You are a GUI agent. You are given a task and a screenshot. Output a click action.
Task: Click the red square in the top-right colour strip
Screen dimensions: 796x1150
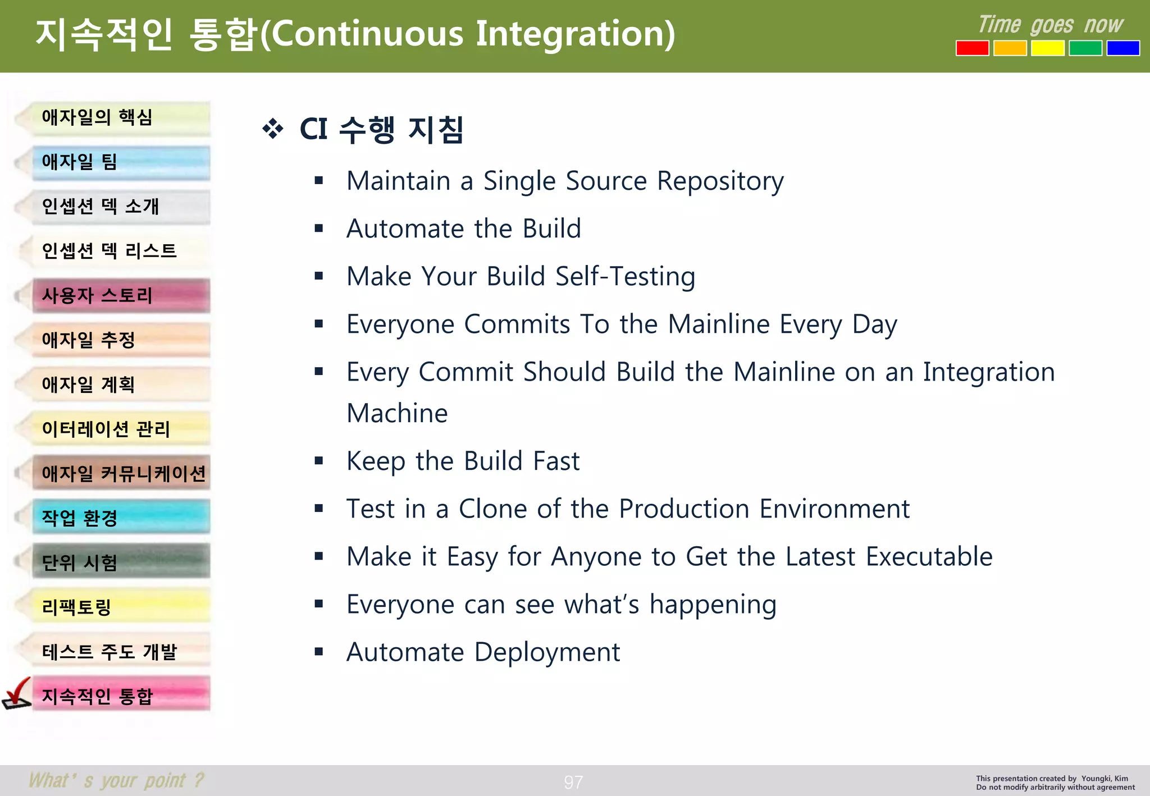972,48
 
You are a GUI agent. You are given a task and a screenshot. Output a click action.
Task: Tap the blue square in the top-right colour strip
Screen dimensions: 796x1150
1122,48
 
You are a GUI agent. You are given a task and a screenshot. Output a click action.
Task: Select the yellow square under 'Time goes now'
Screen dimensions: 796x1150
1047,48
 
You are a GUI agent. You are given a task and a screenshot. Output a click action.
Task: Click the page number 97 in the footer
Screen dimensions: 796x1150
573,782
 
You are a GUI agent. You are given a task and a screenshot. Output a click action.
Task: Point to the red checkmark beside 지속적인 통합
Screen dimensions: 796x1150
17,694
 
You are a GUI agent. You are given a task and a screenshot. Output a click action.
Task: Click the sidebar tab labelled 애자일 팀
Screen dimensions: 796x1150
121,162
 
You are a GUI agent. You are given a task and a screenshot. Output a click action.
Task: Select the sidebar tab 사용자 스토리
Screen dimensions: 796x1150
121,295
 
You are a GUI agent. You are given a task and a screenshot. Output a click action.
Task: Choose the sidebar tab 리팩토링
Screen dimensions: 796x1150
121,607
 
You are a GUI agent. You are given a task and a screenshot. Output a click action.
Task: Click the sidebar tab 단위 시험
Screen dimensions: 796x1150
121,562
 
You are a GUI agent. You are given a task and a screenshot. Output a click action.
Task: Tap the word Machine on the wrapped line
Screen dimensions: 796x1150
397,414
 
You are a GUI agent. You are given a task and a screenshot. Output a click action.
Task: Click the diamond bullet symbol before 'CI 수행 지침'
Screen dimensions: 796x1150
273,129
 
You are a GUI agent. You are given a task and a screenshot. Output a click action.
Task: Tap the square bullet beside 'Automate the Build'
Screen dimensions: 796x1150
319,228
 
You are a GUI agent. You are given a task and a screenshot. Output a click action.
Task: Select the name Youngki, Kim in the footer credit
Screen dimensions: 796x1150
1105,779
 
